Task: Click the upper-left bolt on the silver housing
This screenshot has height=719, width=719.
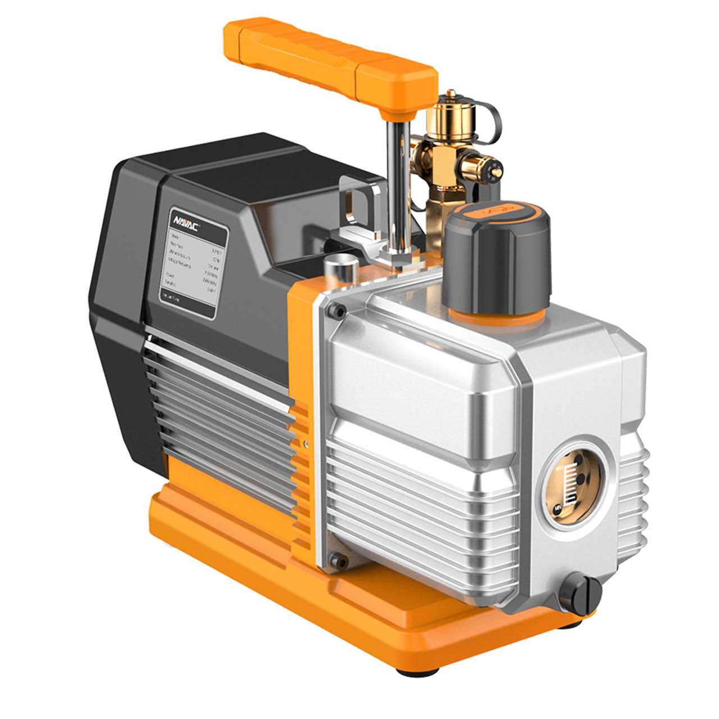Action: (338, 308)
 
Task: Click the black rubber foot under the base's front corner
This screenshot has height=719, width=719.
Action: (409, 671)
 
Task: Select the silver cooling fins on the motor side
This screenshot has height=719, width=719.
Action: (219, 404)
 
